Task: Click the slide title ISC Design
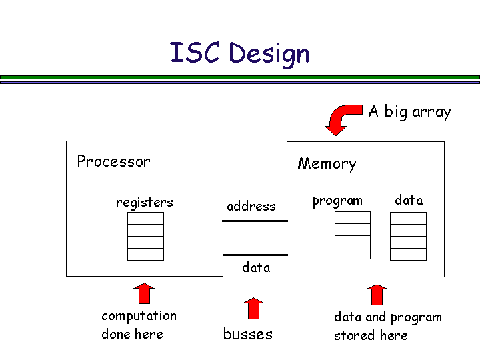pos(240,53)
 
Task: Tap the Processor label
pos(113,161)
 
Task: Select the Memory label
pos(327,163)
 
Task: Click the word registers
pos(144,202)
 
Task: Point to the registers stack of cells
pos(145,236)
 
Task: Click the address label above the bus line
pos(251,206)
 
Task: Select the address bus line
pos(255,221)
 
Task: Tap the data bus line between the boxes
pos(255,255)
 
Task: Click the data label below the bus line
pos(256,267)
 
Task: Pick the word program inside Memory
pos(337,201)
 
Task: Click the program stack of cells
pos(352,235)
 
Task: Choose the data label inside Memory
pos(409,200)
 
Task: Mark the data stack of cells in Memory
pos(408,236)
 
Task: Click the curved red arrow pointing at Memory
pos(342,117)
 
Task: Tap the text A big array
pos(409,111)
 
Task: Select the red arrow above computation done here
pos(143,293)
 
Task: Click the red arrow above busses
pos(253,309)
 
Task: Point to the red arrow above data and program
pos(377,295)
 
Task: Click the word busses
pos(247,334)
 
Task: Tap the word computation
pos(139,315)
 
